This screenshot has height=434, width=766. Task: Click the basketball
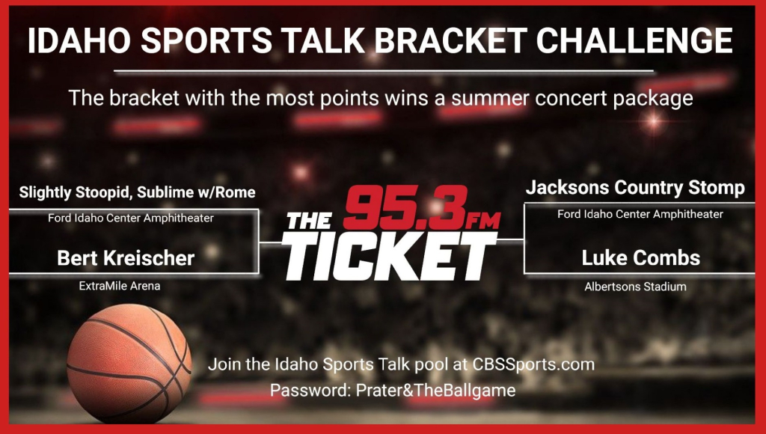tap(129, 364)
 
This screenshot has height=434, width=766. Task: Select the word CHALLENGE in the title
tap(634, 40)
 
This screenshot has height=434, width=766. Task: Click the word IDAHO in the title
tap(79, 40)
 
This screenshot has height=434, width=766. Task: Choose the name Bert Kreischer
tap(126, 258)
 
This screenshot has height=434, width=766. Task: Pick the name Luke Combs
tap(640, 258)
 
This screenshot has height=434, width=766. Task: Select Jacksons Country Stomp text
tap(635, 188)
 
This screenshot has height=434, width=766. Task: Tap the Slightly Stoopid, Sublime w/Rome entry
tap(138, 192)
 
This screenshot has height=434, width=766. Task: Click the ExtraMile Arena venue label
tap(120, 286)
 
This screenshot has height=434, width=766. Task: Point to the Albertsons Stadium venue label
tap(635, 287)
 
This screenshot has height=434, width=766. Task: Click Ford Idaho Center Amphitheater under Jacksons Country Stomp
tap(640, 214)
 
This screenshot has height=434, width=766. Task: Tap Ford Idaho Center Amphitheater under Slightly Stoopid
tap(131, 218)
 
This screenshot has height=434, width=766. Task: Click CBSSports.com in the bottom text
tap(533, 364)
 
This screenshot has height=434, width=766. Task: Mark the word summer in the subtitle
tap(490, 98)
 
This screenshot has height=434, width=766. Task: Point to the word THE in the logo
tap(309, 221)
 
